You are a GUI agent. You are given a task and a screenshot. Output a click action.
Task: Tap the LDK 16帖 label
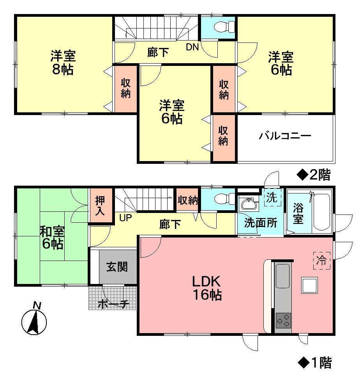[206, 288]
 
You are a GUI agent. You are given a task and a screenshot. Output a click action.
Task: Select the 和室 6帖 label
[51, 238]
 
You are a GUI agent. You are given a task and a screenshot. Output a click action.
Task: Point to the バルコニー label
[285, 136]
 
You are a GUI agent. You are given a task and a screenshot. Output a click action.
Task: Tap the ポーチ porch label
[113, 304]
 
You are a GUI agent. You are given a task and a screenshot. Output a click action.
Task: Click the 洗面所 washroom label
[261, 223]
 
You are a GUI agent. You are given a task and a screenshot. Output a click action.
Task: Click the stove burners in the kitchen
[283, 320]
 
